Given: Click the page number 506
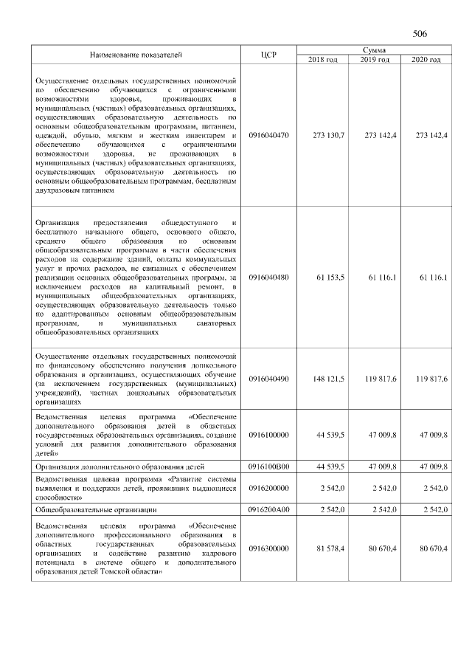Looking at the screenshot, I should [x=420, y=34].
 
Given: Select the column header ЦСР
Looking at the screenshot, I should [x=268, y=55].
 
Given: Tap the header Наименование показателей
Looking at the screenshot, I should [x=136, y=55].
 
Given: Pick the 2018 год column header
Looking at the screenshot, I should [x=322, y=59].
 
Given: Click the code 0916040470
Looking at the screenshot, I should [x=268, y=135].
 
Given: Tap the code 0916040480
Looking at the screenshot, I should [x=268, y=277].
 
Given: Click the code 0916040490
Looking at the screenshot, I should [x=268, y=379].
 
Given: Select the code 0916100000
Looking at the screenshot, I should [x=268, y=435].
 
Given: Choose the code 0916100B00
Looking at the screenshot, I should [x=268, y=466].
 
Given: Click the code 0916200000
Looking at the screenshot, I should [x=268, y=488].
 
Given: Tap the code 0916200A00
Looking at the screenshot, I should [x=268, y=509].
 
